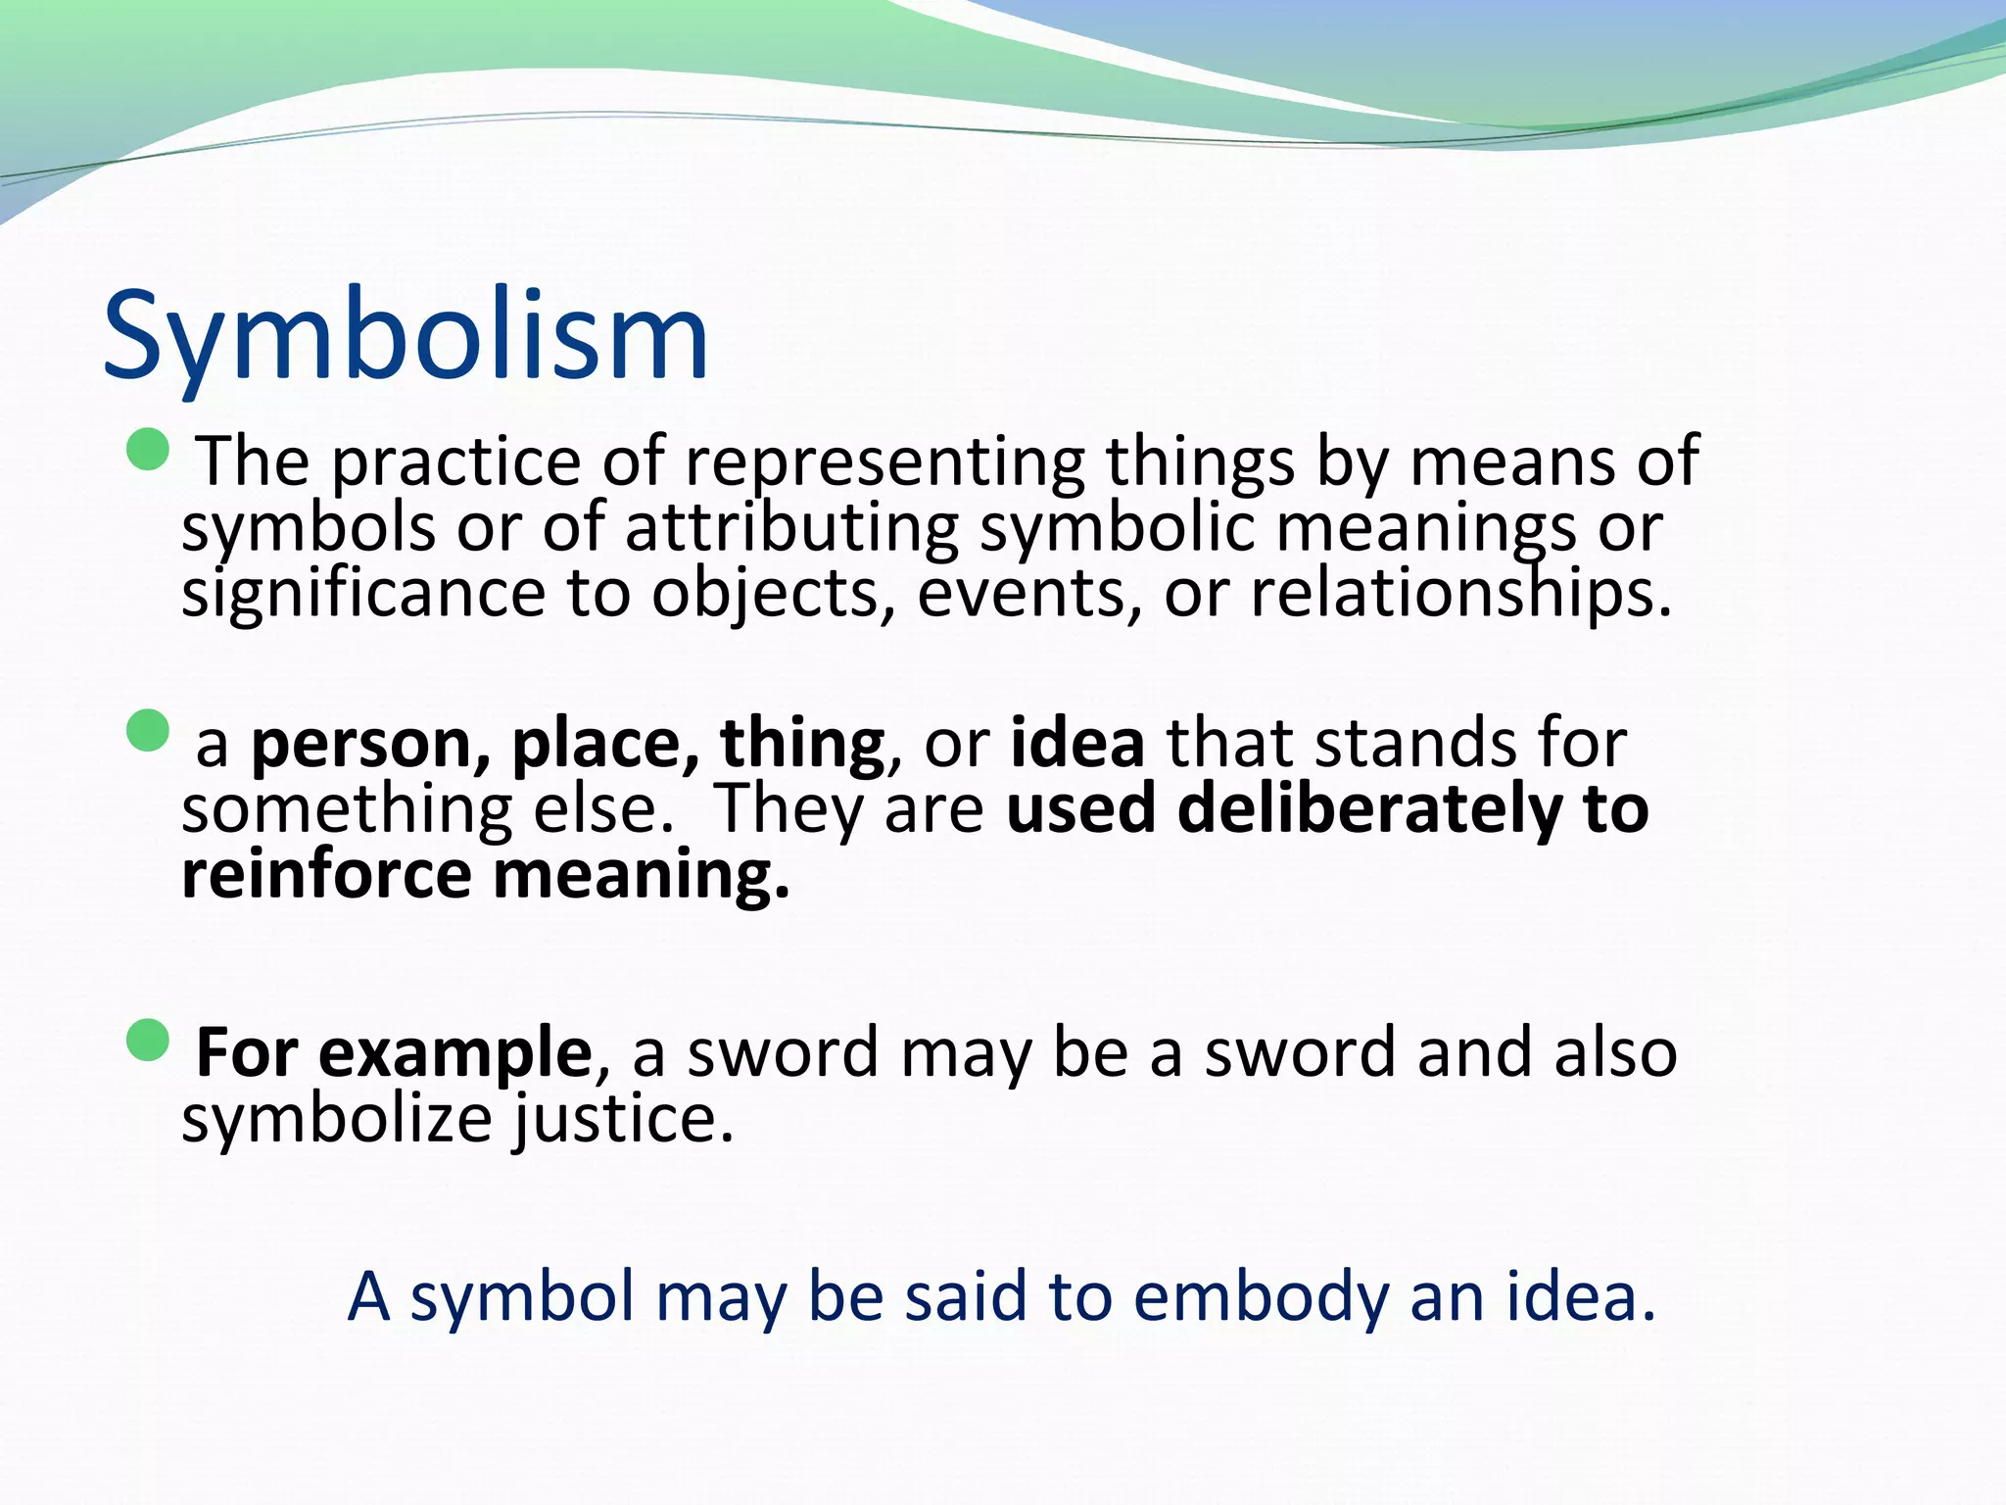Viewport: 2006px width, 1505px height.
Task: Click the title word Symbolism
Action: pyautogui.click(x=406, y=336)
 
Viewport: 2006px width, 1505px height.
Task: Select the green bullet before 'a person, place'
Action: pyautogui.click(x=149, y=731)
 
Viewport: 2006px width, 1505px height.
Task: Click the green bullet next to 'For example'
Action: pyautogui.click(x=149, y=1041)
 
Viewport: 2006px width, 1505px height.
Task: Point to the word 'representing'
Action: pyautogui.click(x=884, y=462)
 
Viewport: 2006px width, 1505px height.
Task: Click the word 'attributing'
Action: pyautogui.click(x=791, y=529)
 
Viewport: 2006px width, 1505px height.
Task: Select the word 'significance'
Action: pyautogui.click(x=363, y=594)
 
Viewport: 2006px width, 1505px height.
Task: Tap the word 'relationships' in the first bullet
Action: pyautogui.click(x=1461, y=594)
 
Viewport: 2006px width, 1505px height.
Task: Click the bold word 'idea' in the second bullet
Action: pyautogui.click(x=1077, y=743)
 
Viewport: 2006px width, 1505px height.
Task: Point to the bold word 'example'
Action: pyautogui.click(x=455, y=1054)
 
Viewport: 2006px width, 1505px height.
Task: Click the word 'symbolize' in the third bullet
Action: pyautogui.click(x=337, y=1119)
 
